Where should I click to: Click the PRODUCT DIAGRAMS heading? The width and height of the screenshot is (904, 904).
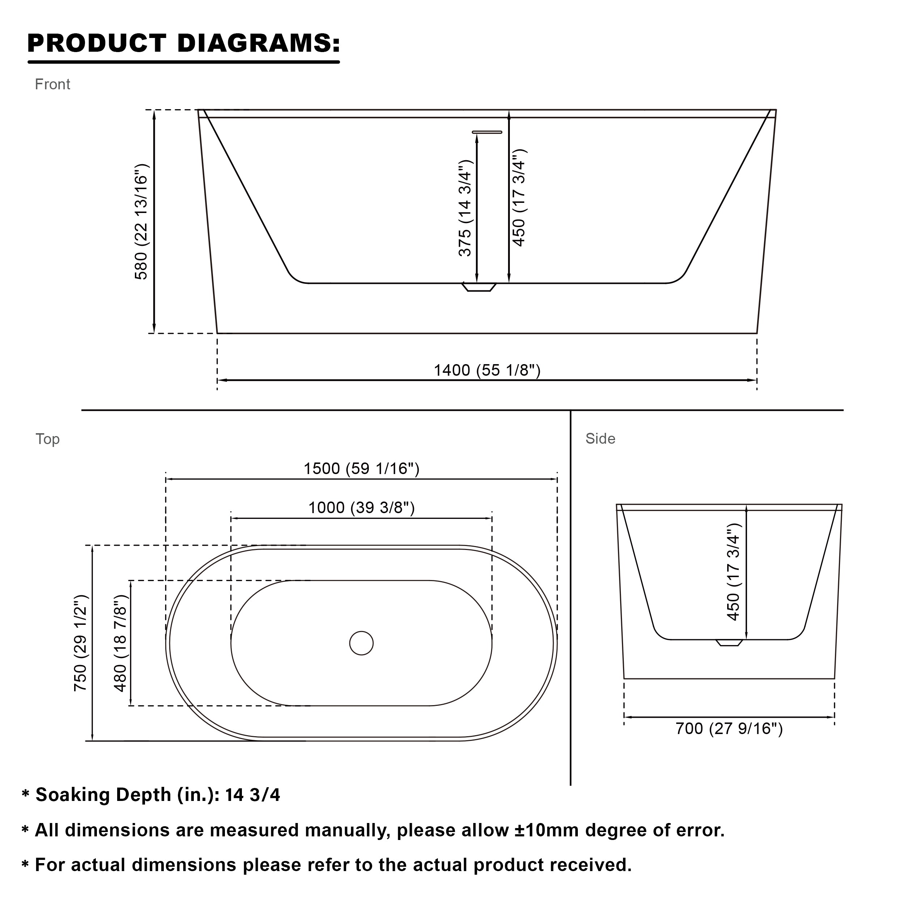pyautogui.click(x=183, y=43)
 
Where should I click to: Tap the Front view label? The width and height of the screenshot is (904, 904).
pyautogui.click(x=52, y=84)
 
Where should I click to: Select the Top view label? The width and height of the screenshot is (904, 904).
pyautogui.click(x=48, y=439)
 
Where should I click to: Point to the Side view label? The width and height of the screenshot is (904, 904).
pyautogui.click(x=600, y=439)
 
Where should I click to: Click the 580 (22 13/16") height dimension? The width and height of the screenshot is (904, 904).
pyautogui.click(x=141, y=222)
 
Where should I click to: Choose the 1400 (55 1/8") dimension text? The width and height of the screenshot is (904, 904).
pyautogui.click(x=487, y=370)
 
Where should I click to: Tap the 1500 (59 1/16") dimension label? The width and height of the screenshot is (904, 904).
pyautogui.click(x=362, y=468)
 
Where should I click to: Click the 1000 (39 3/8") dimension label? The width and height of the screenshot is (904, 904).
pyautogui.click(x=362, y=508)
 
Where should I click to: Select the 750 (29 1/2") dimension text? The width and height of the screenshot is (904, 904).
pyautogui.click(x=81, y=643)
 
